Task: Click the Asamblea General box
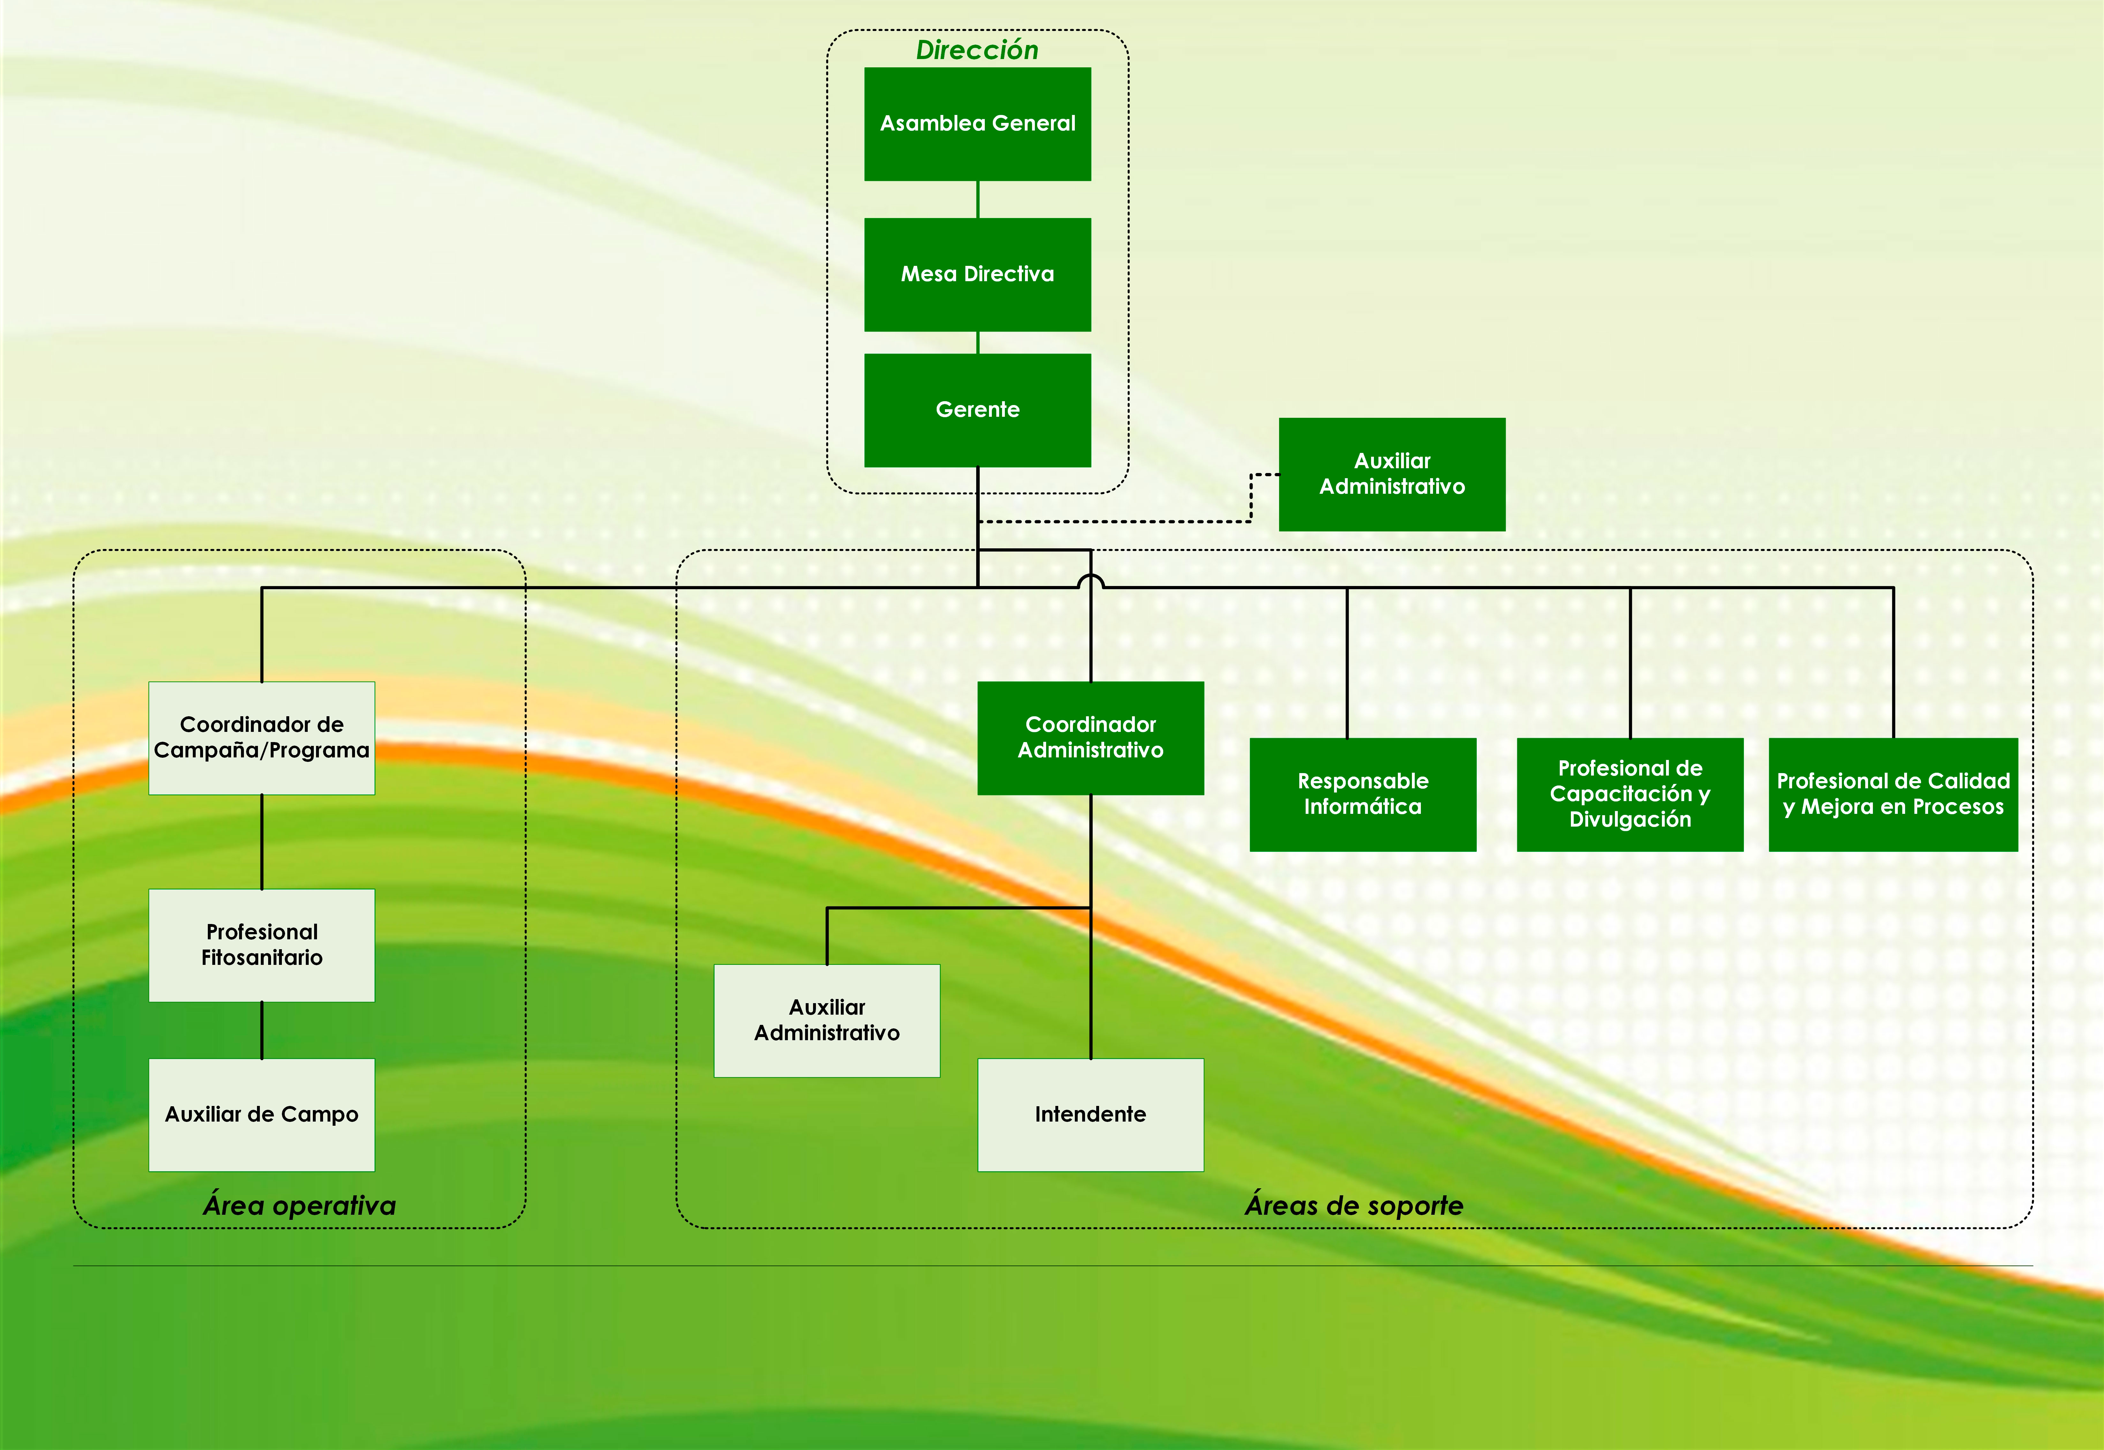(x=977, y=124)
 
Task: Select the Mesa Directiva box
(x=977, y=274)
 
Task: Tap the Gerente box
(x=977, y=410)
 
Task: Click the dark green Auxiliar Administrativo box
(x=1392, y=474)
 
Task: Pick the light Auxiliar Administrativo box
(x=827, y=1020)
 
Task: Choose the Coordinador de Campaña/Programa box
(x=262, y=738)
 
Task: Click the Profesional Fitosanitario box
(x=262, y=945)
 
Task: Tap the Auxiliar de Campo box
(x=262, y=1115)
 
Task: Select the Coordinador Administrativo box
(x=1090, y=738)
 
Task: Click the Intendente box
(x=1090, y=1115)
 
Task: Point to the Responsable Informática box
(x=1363, y=794)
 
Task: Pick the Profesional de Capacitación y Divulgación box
(x=1630, y=794)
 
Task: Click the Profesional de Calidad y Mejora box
(x=1893, y=794)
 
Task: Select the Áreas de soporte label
(x=1354, y=1206)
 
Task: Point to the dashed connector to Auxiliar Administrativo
(x=1117, y=522)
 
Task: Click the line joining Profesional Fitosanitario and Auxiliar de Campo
(x=262, y=1030)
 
